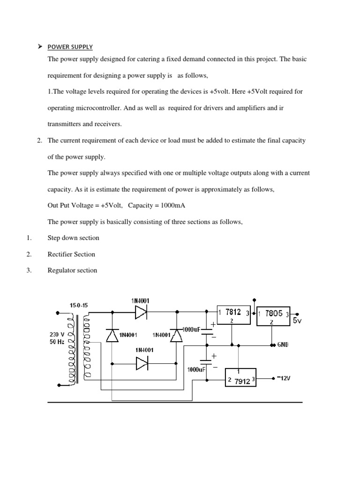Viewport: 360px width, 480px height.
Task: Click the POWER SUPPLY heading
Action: pos(70,47)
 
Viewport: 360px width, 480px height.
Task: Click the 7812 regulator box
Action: pos(233,315)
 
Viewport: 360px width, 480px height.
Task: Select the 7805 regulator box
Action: pos(273,316)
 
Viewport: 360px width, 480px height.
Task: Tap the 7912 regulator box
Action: pos(240,377)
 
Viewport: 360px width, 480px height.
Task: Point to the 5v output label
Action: pos(297,321)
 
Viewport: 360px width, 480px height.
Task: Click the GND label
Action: pos(283,345)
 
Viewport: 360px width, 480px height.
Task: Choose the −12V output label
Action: pos(284,378)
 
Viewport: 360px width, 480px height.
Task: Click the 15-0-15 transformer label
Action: pos(79,305)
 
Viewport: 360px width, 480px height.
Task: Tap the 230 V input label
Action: pos(57,335)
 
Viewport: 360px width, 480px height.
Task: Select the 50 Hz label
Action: pos(57,342)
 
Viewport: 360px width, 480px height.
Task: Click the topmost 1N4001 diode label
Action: pos(140,301)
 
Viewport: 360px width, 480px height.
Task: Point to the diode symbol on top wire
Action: pos(141,312)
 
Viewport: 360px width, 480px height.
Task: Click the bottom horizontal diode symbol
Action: pos(142,364)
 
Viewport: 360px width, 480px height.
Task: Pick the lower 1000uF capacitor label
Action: pos(196,369)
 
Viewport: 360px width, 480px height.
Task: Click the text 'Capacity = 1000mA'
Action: pos(157,205)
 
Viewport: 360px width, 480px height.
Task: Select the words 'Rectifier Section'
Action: pos(71,255)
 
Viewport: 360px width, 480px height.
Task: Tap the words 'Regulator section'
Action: pos(72,270)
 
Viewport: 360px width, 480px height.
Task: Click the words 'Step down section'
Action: pos(74,238)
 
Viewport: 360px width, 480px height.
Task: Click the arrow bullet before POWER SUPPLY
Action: pos(40,46)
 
